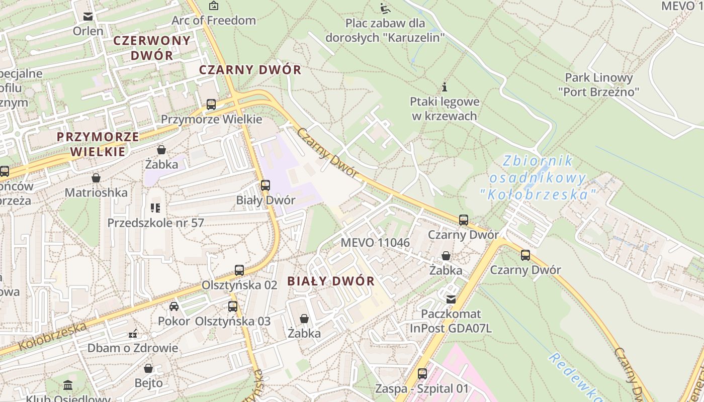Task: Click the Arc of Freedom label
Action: [x=214, y=21]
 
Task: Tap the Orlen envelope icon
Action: [x=88, y=17]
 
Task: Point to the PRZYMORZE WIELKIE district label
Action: [x=98, y=144]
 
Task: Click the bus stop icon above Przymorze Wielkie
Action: [x=211, y=105]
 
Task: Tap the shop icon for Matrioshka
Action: [x=96, y=178]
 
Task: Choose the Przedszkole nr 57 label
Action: [x=155, y=223]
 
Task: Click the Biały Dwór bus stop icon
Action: [x=266, y=185]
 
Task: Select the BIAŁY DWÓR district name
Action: [x=331, y=281]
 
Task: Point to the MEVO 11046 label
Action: [x=375, y=243]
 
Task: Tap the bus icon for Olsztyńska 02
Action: [x=239, y=270]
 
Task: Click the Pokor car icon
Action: [x=174, y=307]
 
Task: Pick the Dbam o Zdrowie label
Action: [x=133, y=348]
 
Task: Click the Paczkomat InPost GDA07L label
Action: [x=451, y=321]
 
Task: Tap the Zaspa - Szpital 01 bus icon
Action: [x=422, y=374]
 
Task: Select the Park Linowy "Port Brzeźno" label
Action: [x=598, y=84]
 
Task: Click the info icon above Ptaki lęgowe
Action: [x=445, y=87]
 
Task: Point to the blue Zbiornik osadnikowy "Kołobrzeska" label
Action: [x=538, y=177]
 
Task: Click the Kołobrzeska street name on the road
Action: [x=53, y=337]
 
